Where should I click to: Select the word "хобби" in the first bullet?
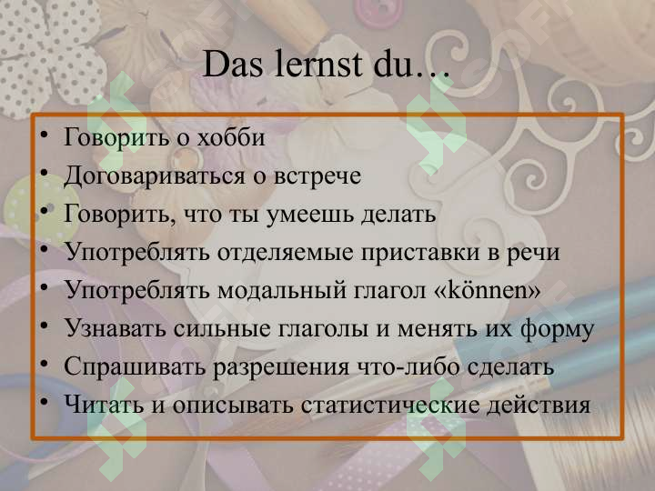pos(231,138)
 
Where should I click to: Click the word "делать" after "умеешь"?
pos(400,215)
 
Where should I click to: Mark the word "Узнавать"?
pos(112,328)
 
